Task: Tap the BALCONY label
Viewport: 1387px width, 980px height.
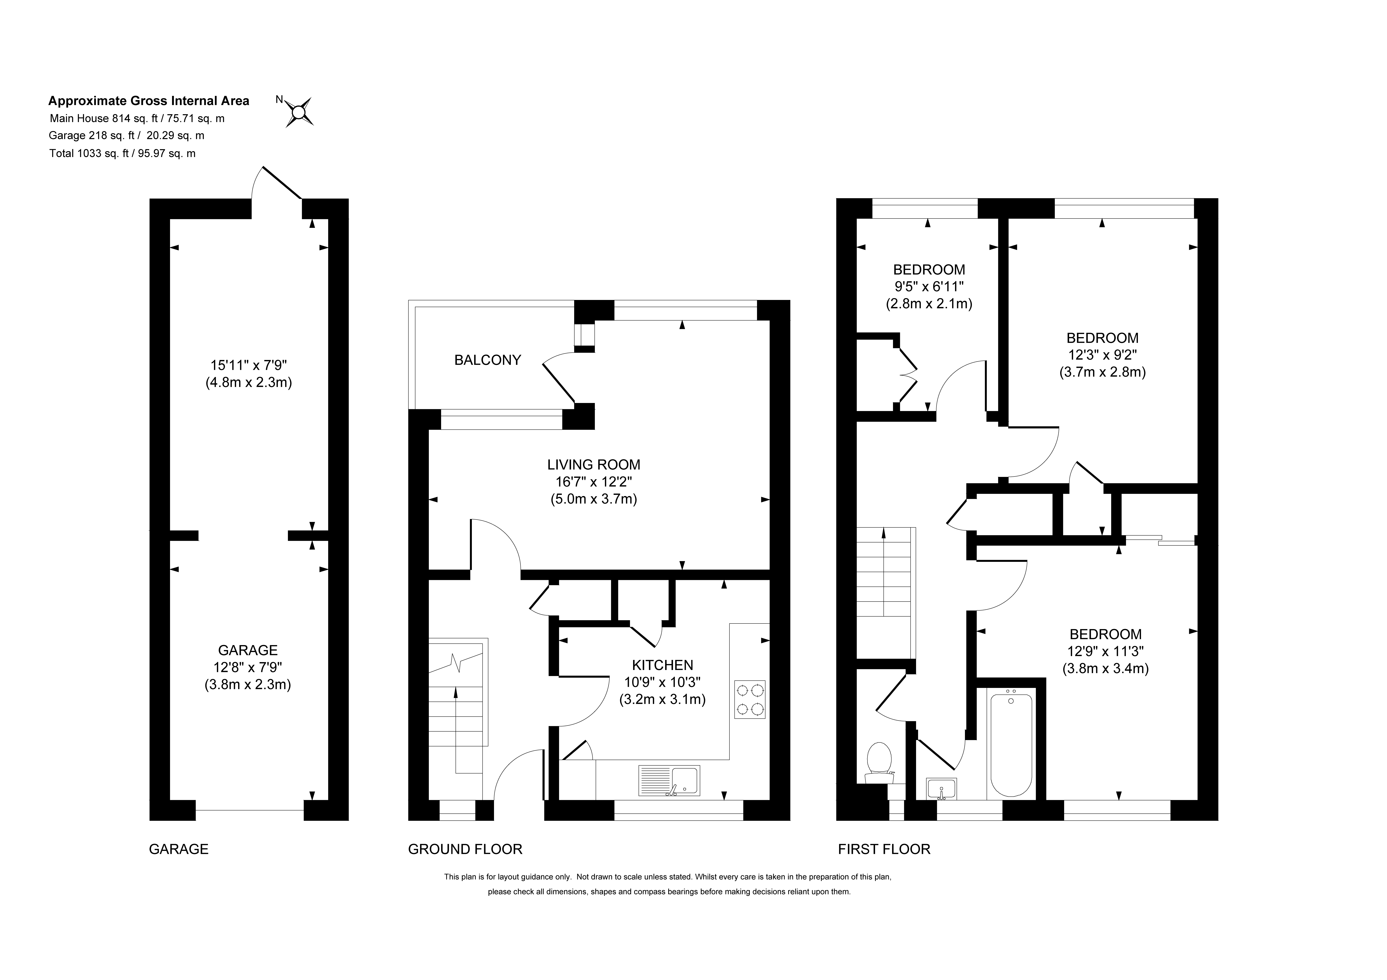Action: pyautogui.click(x=488, y=360)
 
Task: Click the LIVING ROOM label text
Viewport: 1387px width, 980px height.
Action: pyautogui.click(x=594, y=465)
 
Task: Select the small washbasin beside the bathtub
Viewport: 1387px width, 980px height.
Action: pyautogui.click(x=941, y=789)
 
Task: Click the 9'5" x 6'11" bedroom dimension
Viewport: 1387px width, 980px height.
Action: pyautogui.click(x=929, y=286)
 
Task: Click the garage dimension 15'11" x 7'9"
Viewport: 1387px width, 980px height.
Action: pyautogui.click(x=248, y=365)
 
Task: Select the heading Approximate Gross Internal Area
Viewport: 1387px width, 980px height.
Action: pyautogui.click(x=149, y=101)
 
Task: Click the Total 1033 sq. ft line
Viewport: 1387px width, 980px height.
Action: pyautogui.click(x=123, y=154)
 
